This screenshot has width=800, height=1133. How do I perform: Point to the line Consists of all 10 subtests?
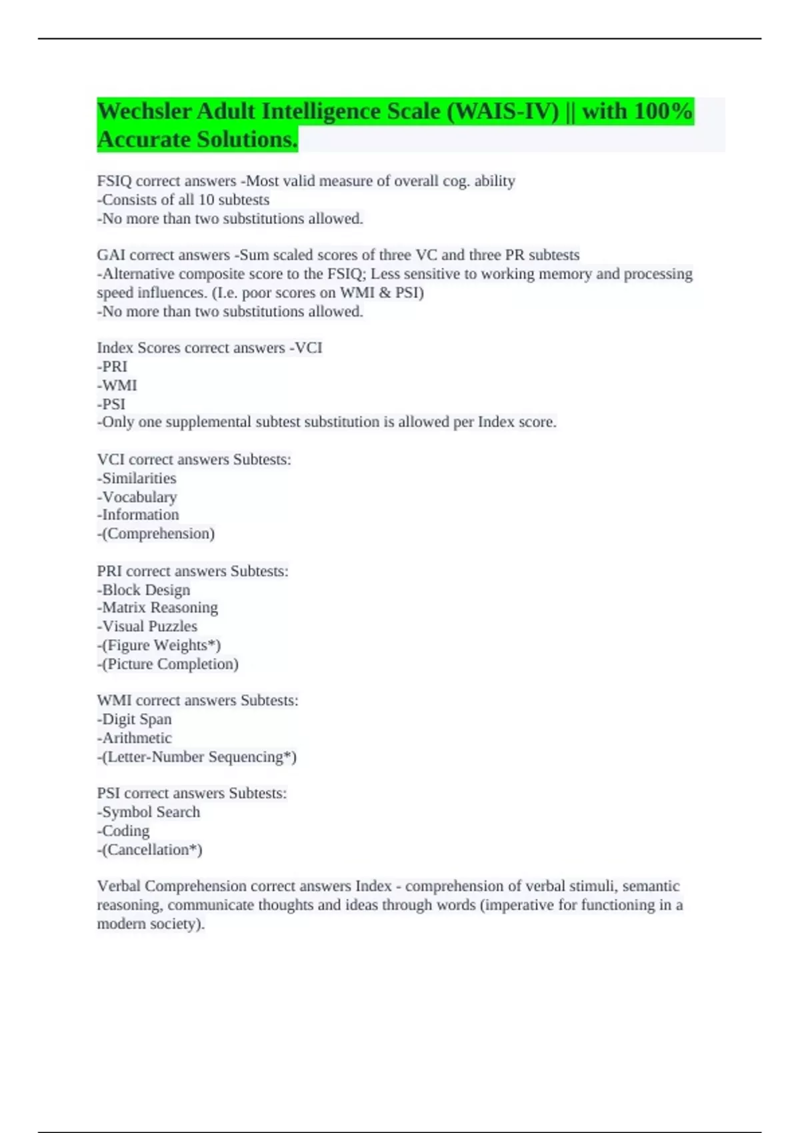tap(183, 200)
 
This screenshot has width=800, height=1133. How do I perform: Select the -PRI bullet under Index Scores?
tap(112, 367)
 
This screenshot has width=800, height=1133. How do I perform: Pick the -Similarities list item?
tap(137, 479)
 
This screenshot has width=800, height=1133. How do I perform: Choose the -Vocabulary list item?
tap(137, 497)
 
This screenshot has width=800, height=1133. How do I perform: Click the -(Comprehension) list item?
tap(156, 534)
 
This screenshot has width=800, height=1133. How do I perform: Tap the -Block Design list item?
tap(143, 590)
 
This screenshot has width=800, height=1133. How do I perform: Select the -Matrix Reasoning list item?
tap(157, 608)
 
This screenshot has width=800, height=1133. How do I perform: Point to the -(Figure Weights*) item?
tap(159, 645)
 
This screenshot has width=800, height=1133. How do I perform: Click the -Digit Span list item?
tap(134, 719)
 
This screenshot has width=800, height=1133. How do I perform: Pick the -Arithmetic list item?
tap(134, 738)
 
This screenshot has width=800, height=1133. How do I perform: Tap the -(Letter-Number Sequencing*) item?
tap(197, 757)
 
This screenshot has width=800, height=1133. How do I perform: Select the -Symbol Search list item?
tap(148, 812)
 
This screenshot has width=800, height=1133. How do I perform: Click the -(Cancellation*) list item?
tap(149, 850)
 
